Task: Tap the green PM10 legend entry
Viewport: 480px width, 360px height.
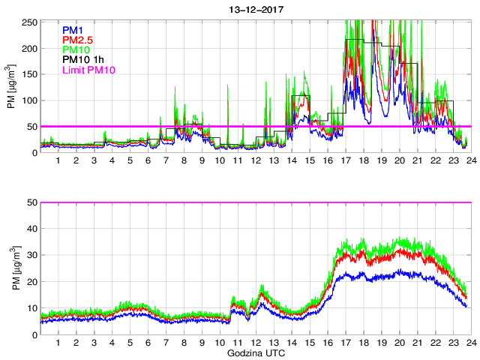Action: click(76, 49)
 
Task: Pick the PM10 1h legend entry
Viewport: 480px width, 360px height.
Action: click(83, 60)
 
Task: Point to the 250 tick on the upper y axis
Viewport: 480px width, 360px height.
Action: click(31, 22)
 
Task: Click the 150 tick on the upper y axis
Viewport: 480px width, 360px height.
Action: click(31, 75)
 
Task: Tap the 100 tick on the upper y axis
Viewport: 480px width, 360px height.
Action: click(31, 100)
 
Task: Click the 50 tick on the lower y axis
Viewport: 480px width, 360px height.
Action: click(33, 203)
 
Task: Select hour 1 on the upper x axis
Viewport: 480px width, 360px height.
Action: click(58, 161)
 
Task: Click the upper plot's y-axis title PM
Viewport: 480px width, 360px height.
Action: click(12, 88)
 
